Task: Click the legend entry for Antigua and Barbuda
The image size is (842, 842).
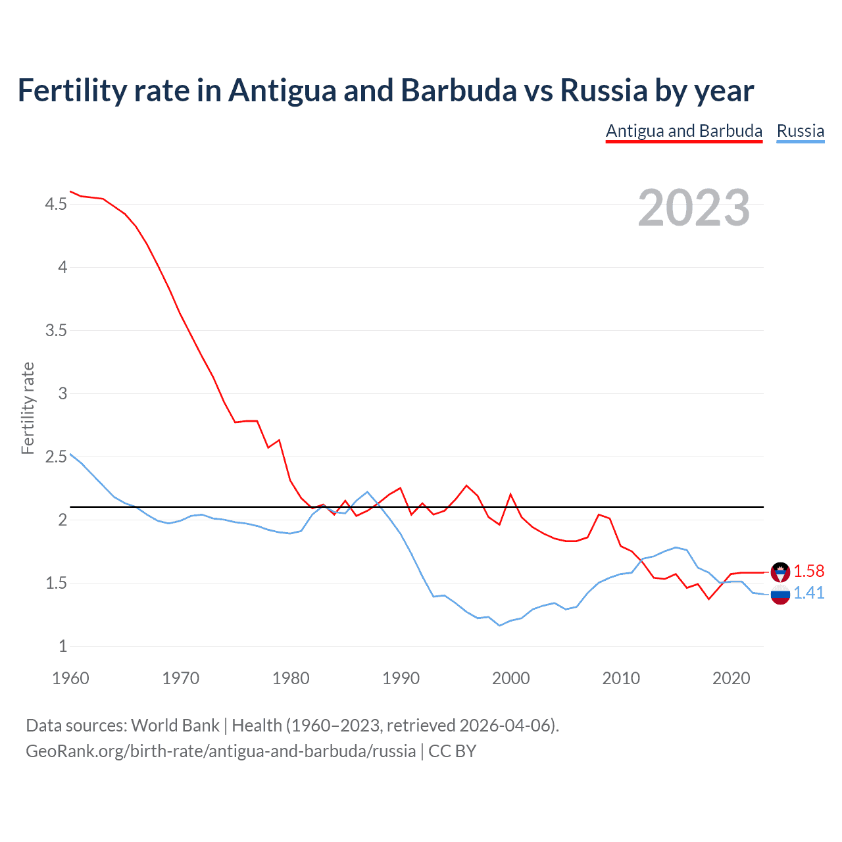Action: click(683, 131)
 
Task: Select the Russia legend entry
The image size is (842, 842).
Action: click(800, 131)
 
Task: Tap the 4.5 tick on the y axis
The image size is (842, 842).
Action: click(56, 205)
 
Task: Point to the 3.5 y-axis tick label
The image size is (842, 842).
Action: click(56, 330)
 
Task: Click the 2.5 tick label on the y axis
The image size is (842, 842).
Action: click(56, 457)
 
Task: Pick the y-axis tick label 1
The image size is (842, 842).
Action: click(62, 646)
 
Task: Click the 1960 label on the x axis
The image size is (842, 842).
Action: click(70, 678)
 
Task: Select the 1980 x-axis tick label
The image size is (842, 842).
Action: click(291, 678)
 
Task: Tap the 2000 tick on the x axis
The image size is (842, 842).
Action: click(510, 678)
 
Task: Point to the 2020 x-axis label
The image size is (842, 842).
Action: click(731, 678)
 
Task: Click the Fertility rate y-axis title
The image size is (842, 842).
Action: click(28, 408)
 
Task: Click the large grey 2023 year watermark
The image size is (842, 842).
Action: click(693, 208)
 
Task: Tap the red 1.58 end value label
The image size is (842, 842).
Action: click(808, 571)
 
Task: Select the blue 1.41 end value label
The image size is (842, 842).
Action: click(808, 593)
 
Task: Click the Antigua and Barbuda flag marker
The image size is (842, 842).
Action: click(780, 572)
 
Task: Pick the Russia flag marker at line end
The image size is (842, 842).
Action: click(780, 595)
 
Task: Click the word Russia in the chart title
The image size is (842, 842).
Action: click(603, 91)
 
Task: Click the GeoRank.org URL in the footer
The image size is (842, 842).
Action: click(220, 751)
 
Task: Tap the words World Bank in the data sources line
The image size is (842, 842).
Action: click(175, 726)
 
